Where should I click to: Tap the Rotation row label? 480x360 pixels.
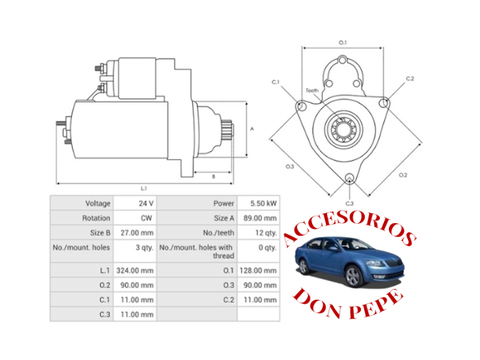point(97,218)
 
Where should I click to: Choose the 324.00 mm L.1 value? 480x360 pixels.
point(136,271)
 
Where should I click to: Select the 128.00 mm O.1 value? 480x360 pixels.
point(259,271)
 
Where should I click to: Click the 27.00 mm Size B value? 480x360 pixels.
point(137,233)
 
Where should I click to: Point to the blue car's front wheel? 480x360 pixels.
point(354,277)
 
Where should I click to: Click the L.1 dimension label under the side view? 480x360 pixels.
point(144,188)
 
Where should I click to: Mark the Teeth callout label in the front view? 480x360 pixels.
point(312,91)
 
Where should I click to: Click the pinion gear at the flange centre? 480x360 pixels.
point(343,128)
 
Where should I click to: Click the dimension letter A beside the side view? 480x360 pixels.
point(253,128)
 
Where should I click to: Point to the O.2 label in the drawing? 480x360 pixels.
point(403,175)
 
